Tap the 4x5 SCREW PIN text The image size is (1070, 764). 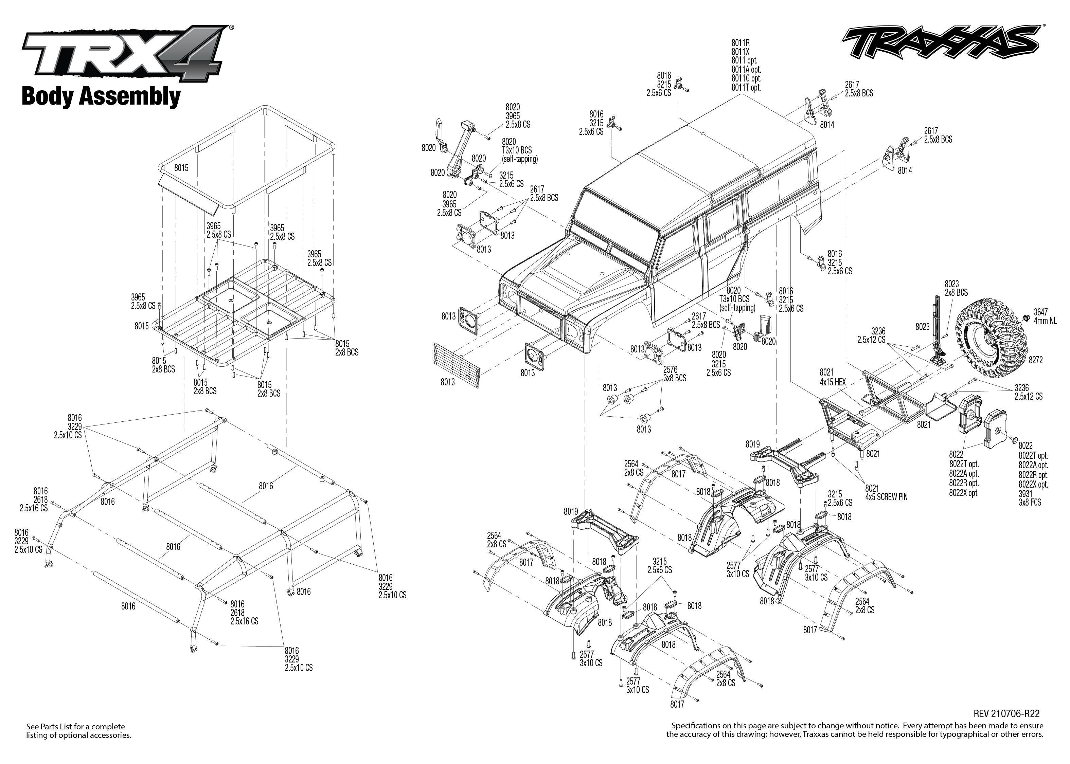(886, 497)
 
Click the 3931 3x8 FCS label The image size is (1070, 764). (1030, 498)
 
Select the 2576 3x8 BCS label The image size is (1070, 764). (674, 374)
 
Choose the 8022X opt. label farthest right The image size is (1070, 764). (1033, 484)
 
